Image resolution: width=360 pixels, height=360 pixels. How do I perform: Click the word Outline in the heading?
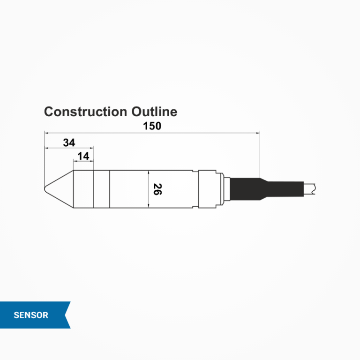click(x=154, y=112)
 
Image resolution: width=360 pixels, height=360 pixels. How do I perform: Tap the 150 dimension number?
click(x=152, y=126)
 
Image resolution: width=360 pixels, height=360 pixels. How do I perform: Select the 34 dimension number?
click(x=69, y=142)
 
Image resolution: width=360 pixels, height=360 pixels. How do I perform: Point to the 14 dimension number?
click(x=83, y=156)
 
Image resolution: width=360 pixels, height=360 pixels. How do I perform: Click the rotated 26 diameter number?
click(x=157, y=189)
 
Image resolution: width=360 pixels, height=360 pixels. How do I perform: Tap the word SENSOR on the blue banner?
click(x=31, y=315)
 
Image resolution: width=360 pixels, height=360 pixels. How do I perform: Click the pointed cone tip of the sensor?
click(x=46, y=189)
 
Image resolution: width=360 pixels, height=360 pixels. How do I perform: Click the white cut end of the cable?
click(x=311, y=188)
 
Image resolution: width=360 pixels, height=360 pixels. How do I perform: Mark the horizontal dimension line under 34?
click(x=69, y=148)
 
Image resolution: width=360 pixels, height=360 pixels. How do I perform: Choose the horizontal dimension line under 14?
click(x=83, y=161)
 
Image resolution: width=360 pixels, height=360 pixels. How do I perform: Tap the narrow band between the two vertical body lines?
click(x=101, y=189)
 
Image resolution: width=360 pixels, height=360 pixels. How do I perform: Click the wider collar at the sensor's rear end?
click(x=210, y=189)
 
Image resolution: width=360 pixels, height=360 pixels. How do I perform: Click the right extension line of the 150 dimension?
click(x=259, y=155)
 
